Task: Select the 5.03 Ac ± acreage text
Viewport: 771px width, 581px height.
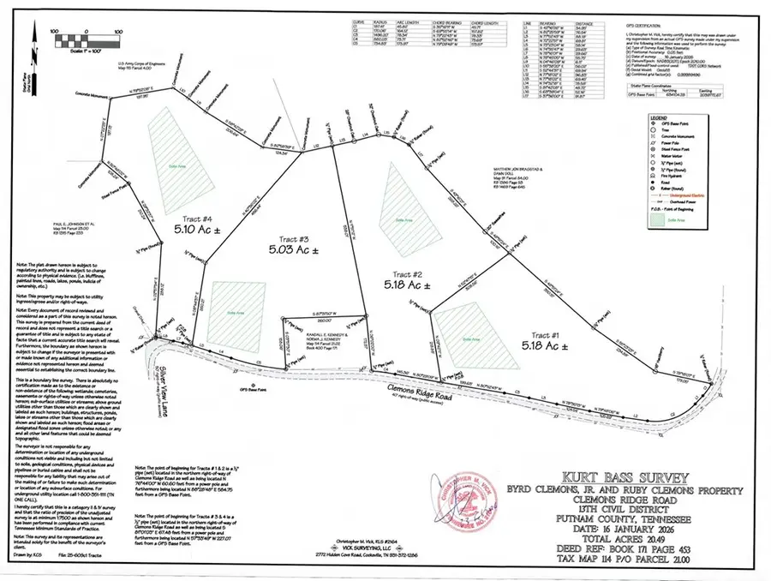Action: [285, 250]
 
